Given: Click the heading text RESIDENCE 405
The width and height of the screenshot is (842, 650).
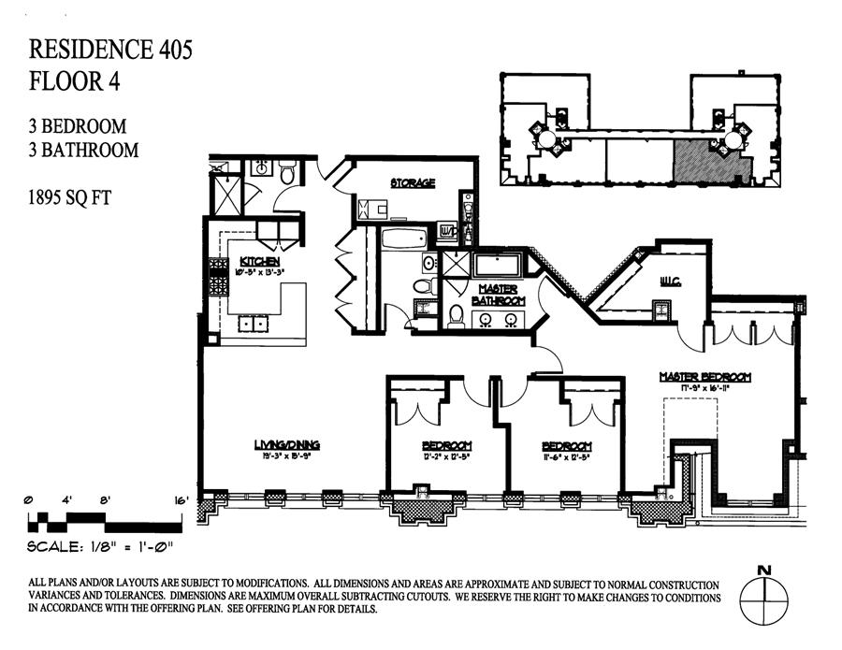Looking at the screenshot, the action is pyautogui.click(x=111, y=50).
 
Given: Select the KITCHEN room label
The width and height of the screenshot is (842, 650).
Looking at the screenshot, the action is pyautogui.click(x=259, y=260).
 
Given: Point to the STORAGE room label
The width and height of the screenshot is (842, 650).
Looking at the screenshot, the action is pyautogui.click(x=413, y=182).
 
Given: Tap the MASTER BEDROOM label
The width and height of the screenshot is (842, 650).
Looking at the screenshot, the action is pyautogui.click(x=704, y=377).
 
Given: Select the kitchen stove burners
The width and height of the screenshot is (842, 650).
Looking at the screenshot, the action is pyautogui.click(x=217, y=277).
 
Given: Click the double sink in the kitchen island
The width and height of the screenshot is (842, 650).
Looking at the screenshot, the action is pyautogui.click(x=250, y=325).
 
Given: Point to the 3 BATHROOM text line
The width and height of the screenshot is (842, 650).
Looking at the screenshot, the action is pyautogui.click(x=84, y=150).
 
